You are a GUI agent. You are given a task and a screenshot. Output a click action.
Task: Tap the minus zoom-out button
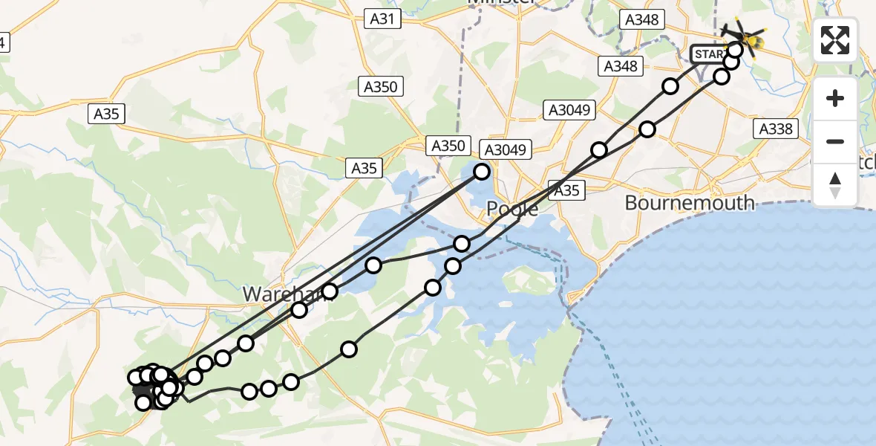pyautogui.click(x=835, y=141)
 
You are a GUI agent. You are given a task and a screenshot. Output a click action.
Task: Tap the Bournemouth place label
pyautogui.click(x=690, y=202)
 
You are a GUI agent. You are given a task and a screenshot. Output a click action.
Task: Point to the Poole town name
pyautogui.click(x=512, y=209)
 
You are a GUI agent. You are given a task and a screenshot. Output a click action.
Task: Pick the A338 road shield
pyautogui.click(x=776, y=129)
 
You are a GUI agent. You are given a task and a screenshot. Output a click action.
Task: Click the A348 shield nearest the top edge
pyautogui.click(x=641, y=20)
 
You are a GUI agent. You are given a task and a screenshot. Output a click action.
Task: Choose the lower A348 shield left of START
pyautogui.click(x=620, y=67)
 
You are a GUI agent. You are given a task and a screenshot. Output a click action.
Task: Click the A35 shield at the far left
pyautogui.click(x=105, y=114)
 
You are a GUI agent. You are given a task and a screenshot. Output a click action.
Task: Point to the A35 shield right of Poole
pyautogui.click(x=566, y=190)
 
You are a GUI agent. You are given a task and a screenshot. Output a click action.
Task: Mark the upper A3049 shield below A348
pyautogui.click(x=570, y=111)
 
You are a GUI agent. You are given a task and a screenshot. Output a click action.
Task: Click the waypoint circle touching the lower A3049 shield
pyautogui.click(x=482, y=172)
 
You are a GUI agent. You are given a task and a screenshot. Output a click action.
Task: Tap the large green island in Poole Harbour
pyautogui.click(x=530, y=283)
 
